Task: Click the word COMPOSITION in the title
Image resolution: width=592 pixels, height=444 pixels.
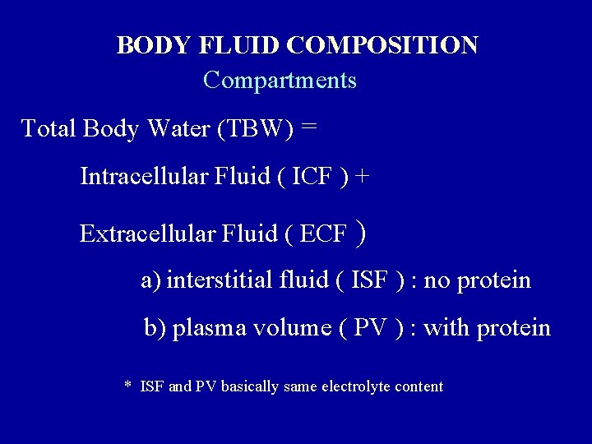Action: coord(382,44)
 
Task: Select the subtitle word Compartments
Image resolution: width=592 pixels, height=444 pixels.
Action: coord(280,81)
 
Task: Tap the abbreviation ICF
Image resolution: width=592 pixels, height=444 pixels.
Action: coord(315,177)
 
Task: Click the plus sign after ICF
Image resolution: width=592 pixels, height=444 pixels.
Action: coord(363,177)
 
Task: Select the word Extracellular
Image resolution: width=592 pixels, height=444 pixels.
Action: coord(147,234)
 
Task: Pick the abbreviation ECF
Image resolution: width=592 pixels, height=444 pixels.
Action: coord(323,234)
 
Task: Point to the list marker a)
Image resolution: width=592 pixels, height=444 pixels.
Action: coord(151,280)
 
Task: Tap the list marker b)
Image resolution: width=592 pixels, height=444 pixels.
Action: coord(155,328)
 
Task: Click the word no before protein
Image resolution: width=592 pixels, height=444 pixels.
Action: coord(437,280)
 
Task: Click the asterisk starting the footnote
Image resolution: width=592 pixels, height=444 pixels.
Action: coord(127,386)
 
